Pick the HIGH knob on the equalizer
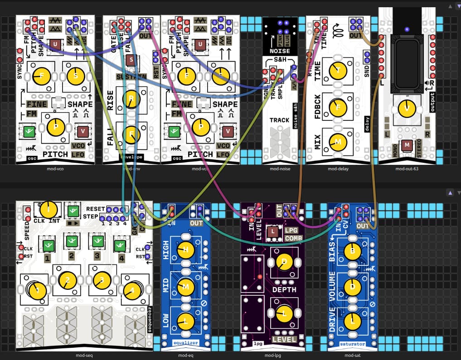coord(185,250)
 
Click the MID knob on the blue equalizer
coord(185,286)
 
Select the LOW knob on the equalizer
coord(185,321)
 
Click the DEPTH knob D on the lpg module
coord(284,261)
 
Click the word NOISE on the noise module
coord(280,51)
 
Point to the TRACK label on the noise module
coord(280,120)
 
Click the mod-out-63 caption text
coord(407,169)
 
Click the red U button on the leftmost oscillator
coord(55,44)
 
